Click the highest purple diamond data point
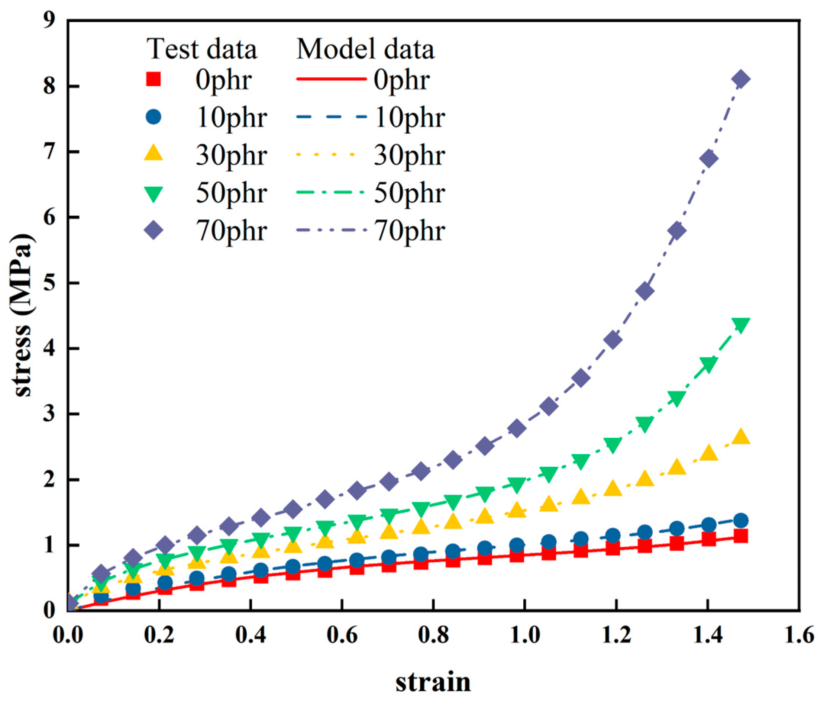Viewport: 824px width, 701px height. (x=741, y=79)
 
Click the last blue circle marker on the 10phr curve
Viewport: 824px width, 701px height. (x=741, y=520)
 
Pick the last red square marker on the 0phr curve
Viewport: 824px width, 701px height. (x=741, y=536)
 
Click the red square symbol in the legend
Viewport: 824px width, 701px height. (x=153, y=79)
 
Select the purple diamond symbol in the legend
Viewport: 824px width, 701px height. (x=153, y=230)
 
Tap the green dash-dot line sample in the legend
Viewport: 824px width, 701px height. (x=330, y=192)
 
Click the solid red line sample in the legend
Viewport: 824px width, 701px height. (x=330, y=79)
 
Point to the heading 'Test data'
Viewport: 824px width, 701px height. (x=202, y=49)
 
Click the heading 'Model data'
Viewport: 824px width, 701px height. (x=365, y=49)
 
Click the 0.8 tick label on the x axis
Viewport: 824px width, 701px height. (x=433, y=635)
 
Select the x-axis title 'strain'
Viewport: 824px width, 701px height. (x=433, y=681)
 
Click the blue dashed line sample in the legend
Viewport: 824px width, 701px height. (x=330, y=117)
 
